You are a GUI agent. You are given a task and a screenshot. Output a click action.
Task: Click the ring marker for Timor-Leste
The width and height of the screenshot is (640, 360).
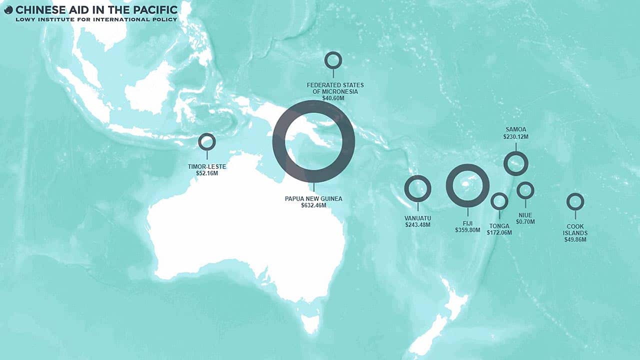point(206,141)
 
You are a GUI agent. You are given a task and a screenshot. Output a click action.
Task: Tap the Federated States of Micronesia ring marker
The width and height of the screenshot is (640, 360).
point(333,60)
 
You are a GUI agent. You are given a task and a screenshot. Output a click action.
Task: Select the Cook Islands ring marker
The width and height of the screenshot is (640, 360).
point(575,201)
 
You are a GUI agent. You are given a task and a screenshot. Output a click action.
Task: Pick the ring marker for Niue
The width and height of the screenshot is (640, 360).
point(525,190)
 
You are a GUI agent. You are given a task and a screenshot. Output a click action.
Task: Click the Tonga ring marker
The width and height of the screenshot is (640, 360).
point(499,201)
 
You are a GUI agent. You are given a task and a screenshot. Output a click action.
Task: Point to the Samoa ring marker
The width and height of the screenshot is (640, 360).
point(515,163)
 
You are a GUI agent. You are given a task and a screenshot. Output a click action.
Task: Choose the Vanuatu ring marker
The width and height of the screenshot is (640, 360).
point(417,188)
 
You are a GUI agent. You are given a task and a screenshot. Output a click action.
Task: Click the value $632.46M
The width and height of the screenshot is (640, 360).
point(313,205)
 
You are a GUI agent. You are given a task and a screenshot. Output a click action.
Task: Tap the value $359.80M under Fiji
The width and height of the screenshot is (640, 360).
point(467,230)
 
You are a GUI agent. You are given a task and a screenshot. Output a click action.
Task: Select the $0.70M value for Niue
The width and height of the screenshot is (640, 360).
point(525,221)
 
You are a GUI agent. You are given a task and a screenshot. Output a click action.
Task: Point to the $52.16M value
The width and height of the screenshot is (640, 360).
point(206,173)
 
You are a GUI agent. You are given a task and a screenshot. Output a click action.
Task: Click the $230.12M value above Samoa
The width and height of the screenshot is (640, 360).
point(515,136)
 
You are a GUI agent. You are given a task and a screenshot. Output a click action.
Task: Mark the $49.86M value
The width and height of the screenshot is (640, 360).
point(575,239)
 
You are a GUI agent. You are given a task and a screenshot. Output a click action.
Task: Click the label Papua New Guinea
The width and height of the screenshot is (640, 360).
point(313,198)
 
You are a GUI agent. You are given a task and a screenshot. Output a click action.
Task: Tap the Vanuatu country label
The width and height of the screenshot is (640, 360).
point(417,218)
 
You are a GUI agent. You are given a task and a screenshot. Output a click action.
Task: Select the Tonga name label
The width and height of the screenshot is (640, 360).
point(499,226)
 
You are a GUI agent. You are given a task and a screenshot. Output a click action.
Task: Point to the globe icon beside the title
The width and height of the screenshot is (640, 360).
point(8,9)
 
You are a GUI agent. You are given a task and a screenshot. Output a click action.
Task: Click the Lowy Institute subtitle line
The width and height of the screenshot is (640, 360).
point(96,19)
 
